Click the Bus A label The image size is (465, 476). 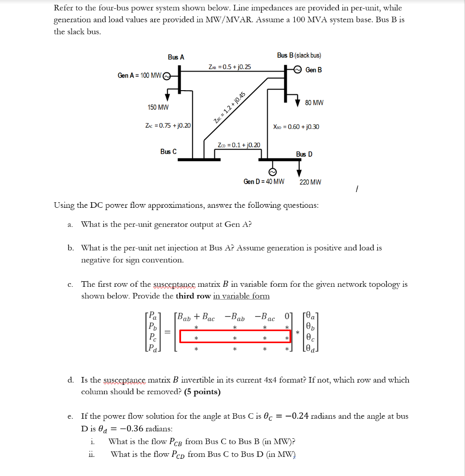[x=176, y=57]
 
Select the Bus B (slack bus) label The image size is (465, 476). [x=299, y=55]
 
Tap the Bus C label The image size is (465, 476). [x=168, y=152]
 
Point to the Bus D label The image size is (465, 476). [x=304, y=154]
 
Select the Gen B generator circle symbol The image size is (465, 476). [x=297, y=70]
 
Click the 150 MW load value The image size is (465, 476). [x=158, y=107]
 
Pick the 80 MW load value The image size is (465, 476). [x=314, y=102]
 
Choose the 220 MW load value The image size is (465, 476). [x=310, y=182]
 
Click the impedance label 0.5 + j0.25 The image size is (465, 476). [x=230, y=67]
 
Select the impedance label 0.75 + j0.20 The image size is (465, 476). [x=168, y=126]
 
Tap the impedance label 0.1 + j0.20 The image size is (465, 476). [x=239, y=145]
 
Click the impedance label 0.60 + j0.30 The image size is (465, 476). [x=296, y=126]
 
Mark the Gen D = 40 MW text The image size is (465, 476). [x=263, y=182]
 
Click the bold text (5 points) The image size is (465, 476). [x=202, y=392]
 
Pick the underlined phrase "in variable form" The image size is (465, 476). [x=241, y=296]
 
